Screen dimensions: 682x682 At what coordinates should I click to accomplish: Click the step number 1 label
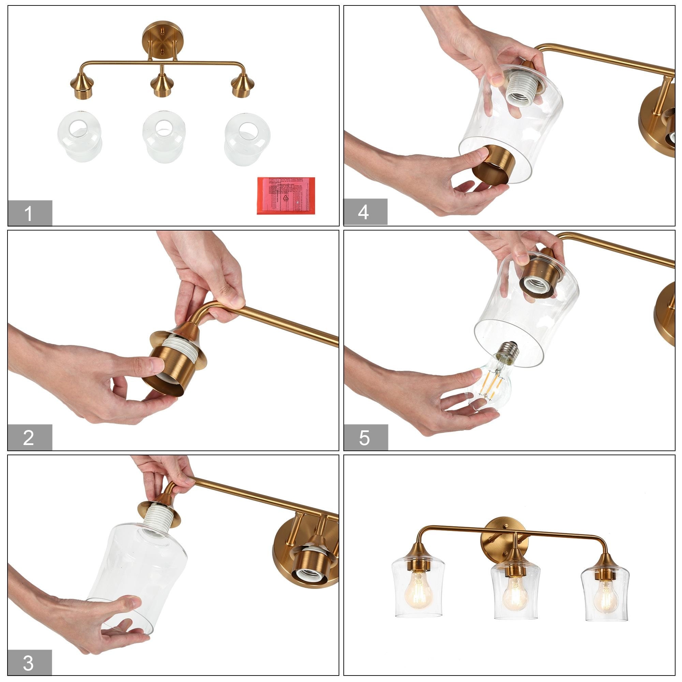[x=30, y=213]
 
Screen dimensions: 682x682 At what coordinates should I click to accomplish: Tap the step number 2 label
[x=30, y=438]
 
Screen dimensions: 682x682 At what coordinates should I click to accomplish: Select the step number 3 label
[x=30, y=662]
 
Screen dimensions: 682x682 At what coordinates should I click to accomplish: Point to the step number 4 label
[x=365, y=212]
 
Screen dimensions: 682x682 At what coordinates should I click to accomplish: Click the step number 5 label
[x=366, y=438]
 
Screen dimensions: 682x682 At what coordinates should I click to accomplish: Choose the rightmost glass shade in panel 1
[x=247, y=138]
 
